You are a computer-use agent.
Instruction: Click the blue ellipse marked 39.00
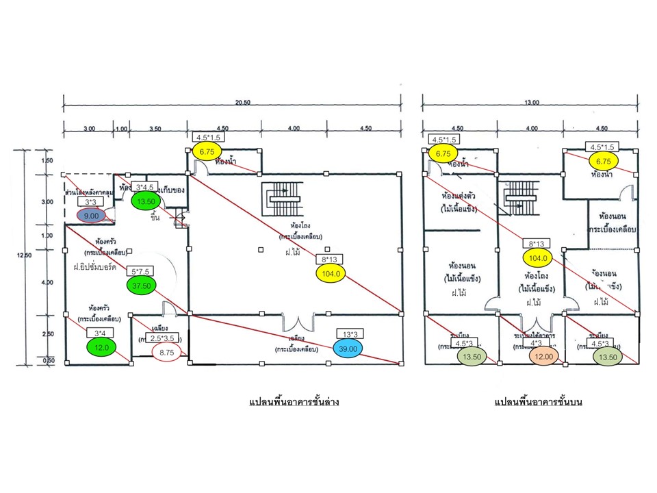(350, 348)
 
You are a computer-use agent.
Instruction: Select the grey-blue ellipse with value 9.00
(90, 215)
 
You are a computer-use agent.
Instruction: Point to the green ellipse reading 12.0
(101, 346)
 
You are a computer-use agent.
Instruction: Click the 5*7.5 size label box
(142, 271)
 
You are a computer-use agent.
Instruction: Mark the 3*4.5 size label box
(147, 188)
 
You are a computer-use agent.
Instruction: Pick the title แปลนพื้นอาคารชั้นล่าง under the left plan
(294, 403)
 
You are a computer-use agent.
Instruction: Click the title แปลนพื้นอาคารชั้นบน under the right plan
(536, 403)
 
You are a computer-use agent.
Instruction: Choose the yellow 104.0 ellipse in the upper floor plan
(539, 257)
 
